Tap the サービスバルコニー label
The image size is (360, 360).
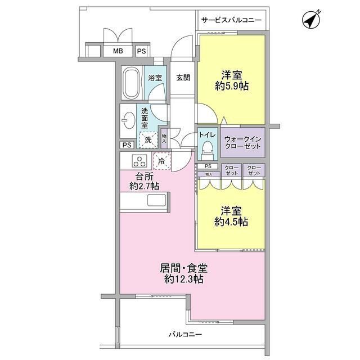[x=231, y=20]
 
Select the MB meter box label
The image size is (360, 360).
[x=118, y=51]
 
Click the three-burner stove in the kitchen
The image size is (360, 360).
[x=139, y=161]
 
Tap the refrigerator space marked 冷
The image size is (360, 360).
[x=161, y=161]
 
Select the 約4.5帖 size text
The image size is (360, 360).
[x=232, y=221]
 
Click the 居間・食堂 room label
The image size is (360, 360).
[x=176, y=268]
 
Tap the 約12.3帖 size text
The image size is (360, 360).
[x=176, y=279]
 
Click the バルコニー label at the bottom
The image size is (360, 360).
[x=185, y=335]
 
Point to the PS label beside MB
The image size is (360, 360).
[x=141, y=51]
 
